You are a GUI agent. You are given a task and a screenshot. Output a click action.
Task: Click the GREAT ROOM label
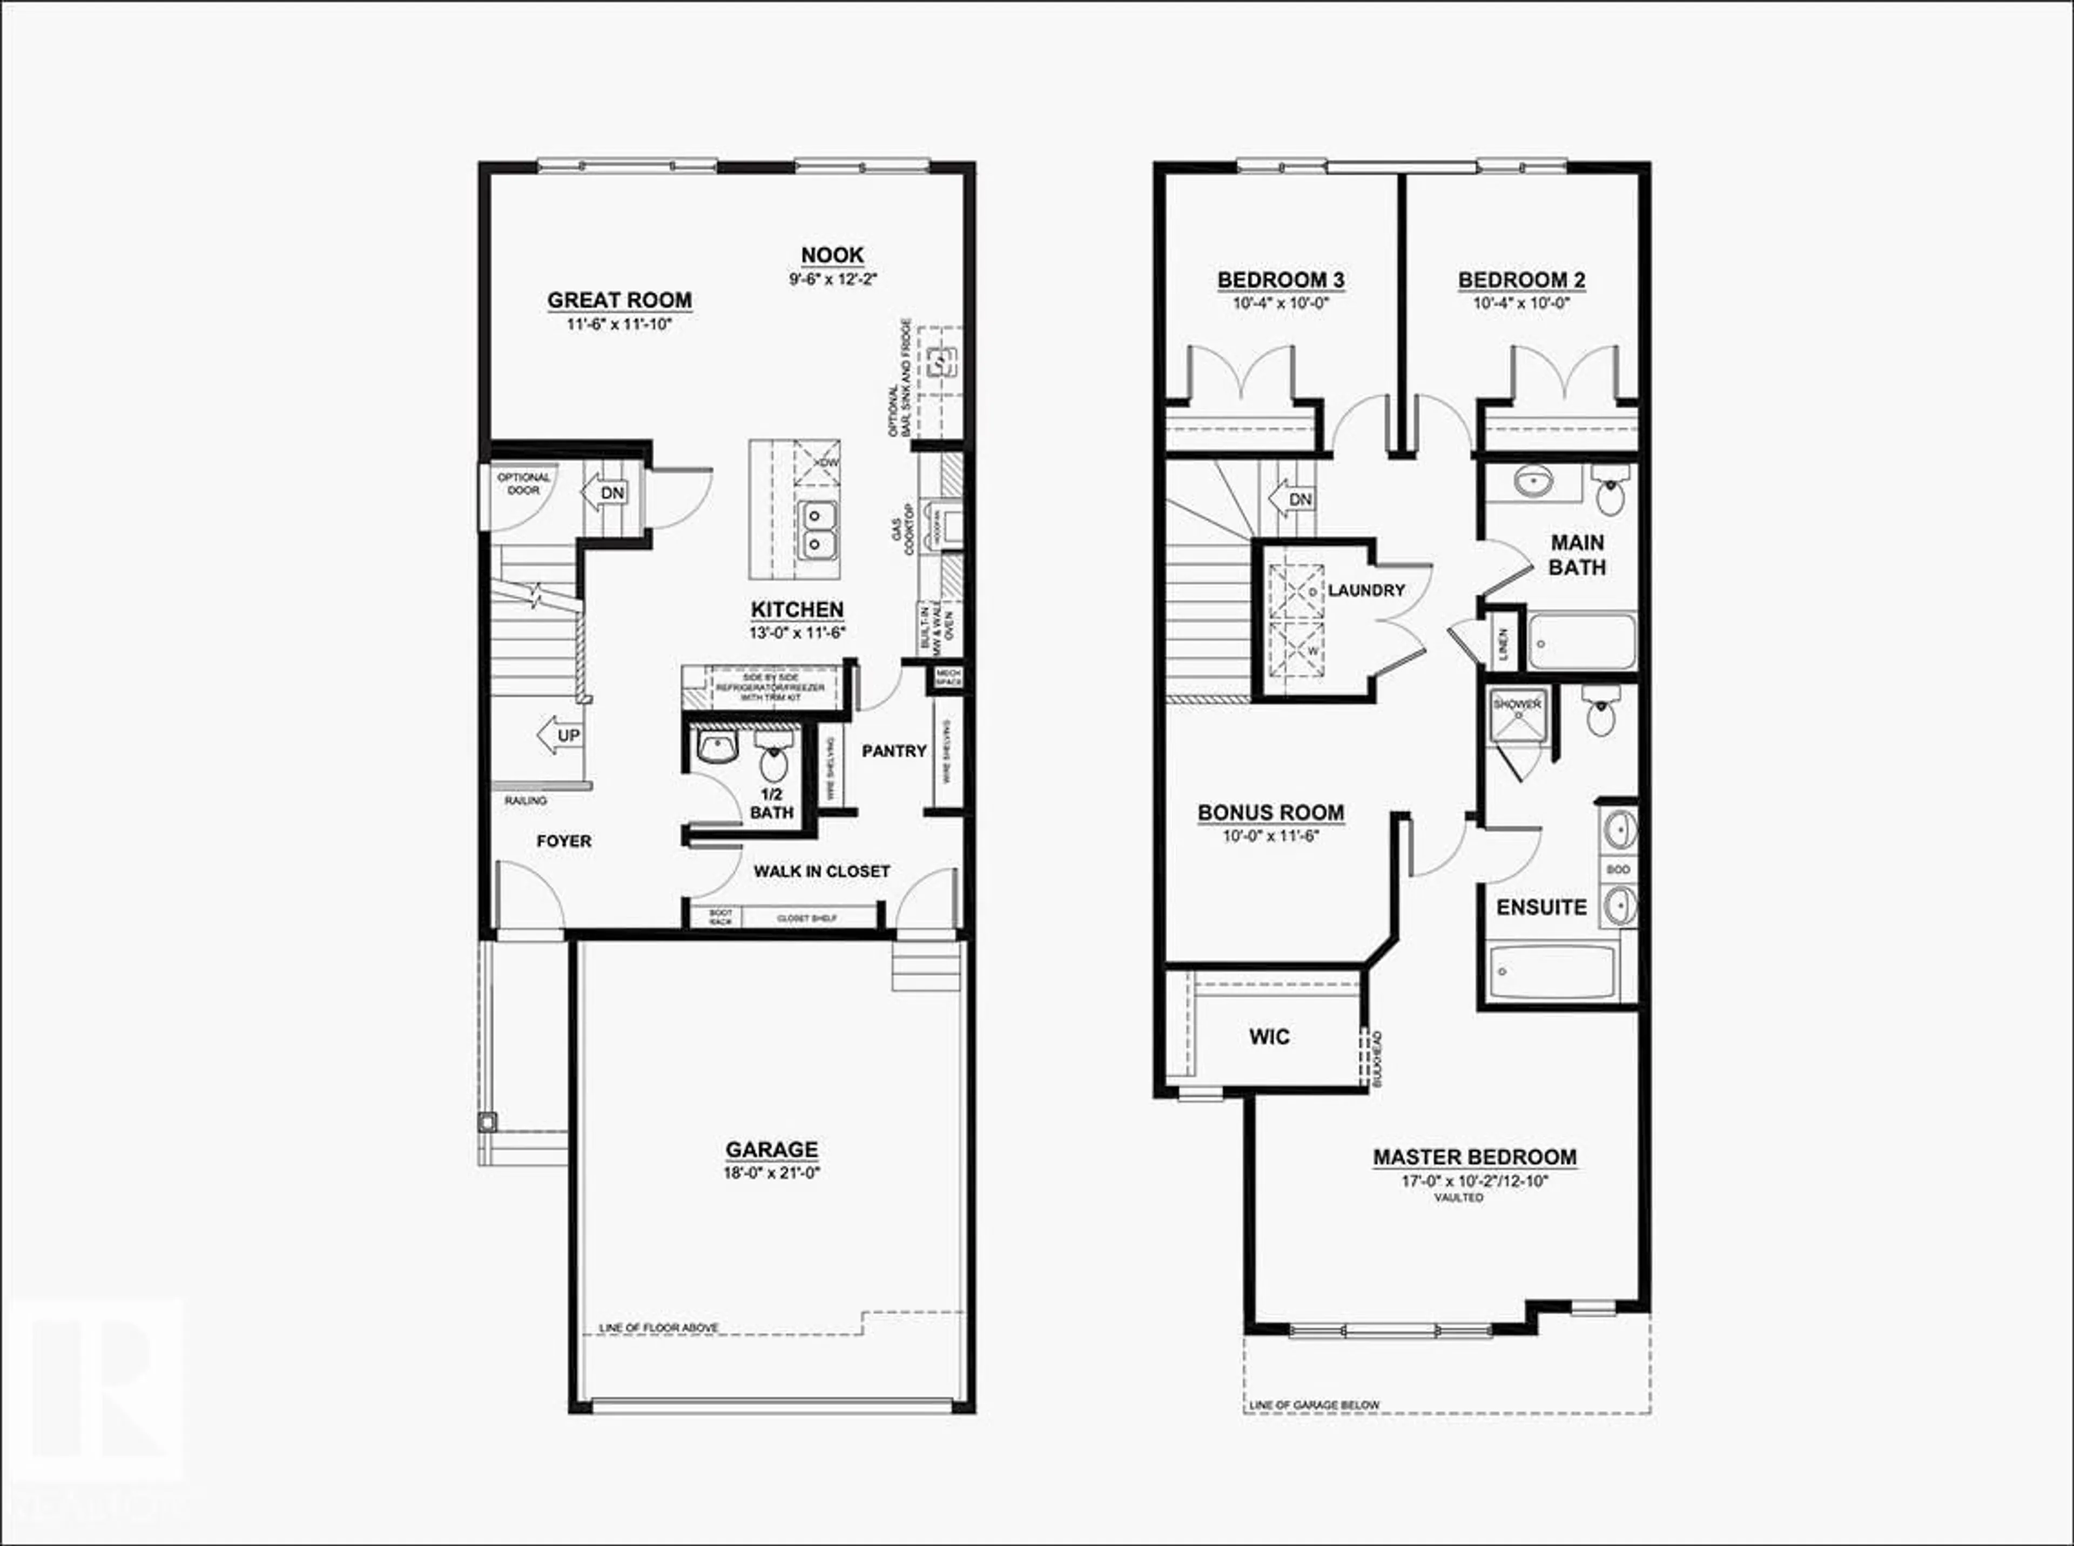[x=619, y=300]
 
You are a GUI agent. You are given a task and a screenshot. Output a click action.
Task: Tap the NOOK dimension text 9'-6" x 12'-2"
[x=832, y=279]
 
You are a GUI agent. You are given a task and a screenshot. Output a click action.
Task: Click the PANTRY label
[x=894, y=751]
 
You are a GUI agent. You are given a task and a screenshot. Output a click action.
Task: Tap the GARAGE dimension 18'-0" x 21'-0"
[x=771, y=1173]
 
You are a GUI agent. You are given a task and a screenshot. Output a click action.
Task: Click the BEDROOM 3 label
[x=1281, y=280]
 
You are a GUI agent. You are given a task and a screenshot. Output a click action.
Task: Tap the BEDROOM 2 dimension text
[x=1521, y=303]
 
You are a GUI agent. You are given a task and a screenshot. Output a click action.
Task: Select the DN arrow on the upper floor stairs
[x=1291, y=499]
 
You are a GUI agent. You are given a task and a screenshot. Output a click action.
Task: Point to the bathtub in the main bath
[x=1582, y=642]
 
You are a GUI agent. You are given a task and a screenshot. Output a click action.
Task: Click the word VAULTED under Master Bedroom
[x=1458, y=1197]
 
